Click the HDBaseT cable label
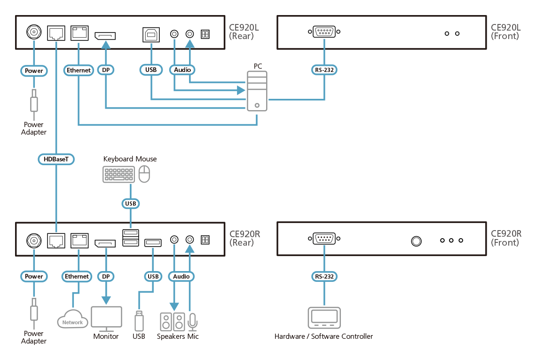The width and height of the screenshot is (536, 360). (56, 159)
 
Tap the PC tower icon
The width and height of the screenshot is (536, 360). (257, 91)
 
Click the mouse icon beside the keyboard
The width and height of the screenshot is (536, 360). (145, 174)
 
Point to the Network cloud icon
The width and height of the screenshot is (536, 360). (72, 320)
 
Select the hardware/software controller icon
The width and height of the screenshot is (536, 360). (324, 318)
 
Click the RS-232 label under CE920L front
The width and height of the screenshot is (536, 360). (325, 70)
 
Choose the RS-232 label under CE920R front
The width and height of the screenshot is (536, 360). (325, 276)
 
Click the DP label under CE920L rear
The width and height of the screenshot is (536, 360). (106, 70)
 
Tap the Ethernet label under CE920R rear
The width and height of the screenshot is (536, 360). (77, 276)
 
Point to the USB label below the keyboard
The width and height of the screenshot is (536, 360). (130, 203)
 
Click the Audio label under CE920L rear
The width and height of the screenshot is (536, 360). (182, 70)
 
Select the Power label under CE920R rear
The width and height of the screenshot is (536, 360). (34, 276)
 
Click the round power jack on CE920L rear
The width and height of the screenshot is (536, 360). (34, 32)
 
